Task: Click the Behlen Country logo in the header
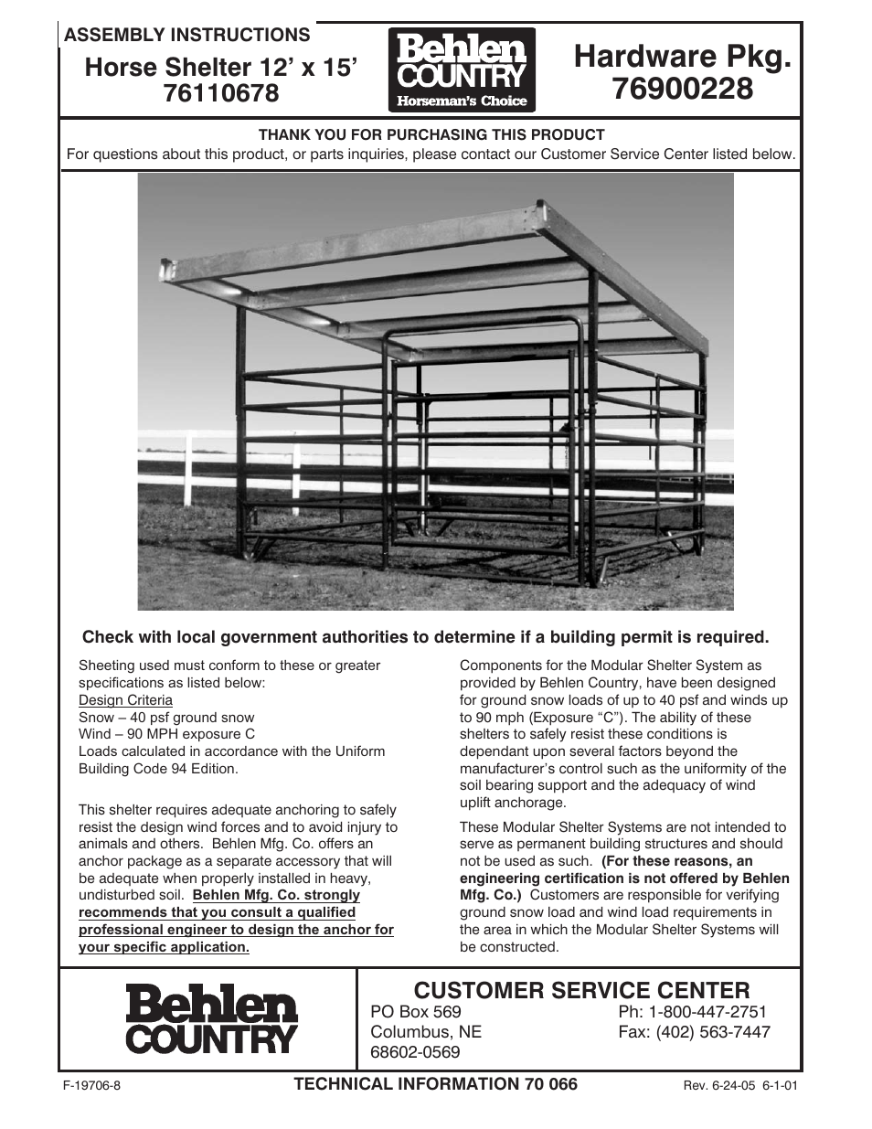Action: (462, 70)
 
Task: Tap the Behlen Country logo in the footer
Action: (211, 1019)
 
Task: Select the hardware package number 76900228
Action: (683, 90)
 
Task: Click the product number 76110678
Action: (220, 93)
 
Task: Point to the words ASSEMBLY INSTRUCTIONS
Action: (187, 35)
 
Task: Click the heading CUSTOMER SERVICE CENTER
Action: (581, 990)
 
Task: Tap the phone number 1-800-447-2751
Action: (707, 1012)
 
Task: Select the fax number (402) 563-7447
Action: (713, 1032)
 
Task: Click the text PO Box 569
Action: (415, 1012)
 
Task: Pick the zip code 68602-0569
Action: (415, 1052)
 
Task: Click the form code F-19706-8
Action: (91, 1086)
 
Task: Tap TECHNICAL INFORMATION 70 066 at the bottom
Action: (435, 1084)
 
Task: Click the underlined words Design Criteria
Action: (125, 700)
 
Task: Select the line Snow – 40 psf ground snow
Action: (166, 718)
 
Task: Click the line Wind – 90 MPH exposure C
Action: (166, 734)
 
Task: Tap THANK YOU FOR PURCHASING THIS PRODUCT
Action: (431, 134)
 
